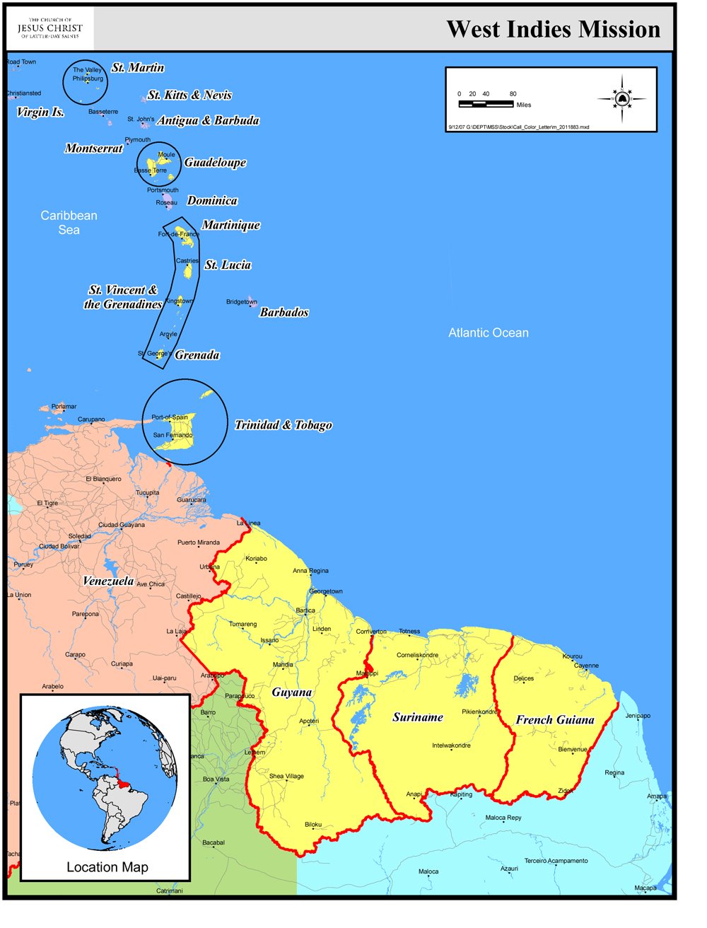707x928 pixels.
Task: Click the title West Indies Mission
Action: (x=553, y=29)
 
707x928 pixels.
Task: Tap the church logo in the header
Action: (x=49, y=28)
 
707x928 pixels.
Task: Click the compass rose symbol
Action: (x=622, y=99)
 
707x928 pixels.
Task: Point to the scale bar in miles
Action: (x=486, y=104)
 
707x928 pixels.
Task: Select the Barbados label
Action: (x=284, y=312)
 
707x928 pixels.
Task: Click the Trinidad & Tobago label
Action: (x=283, y=424)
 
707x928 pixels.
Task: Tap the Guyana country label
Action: (x=292, y=692)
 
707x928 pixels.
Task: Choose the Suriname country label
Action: (x=418, y=717)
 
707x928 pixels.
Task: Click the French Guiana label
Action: (x=555, y=719)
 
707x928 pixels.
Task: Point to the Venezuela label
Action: (x=108, y=581)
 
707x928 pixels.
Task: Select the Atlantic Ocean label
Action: (x=489, y=332)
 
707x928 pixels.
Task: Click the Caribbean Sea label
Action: (x=69, y=222)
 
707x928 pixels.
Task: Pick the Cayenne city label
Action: (x=586, y=666)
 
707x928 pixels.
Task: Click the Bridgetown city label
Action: (x=241, y=302)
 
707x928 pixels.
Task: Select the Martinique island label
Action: (x=231, y=225)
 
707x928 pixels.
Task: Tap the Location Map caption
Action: (x=107, y=867)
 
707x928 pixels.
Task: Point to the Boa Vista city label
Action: (x=216, y=779)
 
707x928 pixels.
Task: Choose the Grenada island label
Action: (x=197, y=354)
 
